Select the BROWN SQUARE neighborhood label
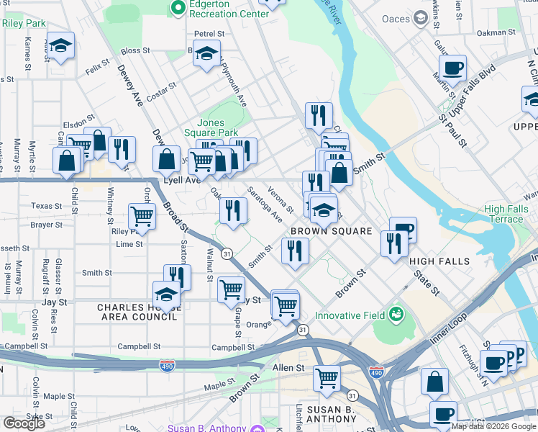click(331, 231)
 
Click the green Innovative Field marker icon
click(395, 314)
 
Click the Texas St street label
click(47, 206)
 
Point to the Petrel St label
click(209, 33)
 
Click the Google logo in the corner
click(24, 423)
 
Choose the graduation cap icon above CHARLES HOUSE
click(166, 294)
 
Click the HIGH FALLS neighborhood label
click(439, 261)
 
